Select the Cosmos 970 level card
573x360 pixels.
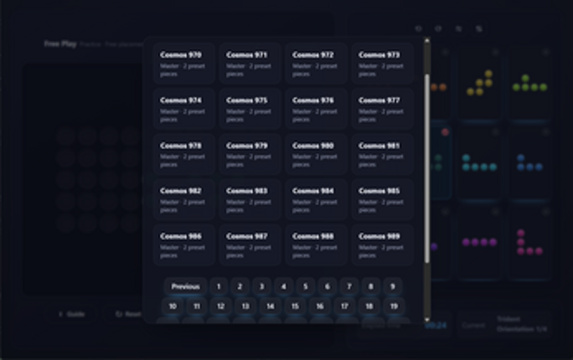pos(183,64)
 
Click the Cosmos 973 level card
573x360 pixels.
pos(382,64)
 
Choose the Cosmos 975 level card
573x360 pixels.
pos(250,109)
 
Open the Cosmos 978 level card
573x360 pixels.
pos(183,154)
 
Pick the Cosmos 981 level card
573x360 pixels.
pos(382,154)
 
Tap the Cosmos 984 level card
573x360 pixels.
pos(316,199)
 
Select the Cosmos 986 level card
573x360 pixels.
pos(183,244)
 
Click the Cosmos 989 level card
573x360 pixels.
pos(382,244)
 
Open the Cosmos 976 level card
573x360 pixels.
pos(316,109)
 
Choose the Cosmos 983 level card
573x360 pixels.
pos(250,199)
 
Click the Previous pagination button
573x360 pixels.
pos(185,286)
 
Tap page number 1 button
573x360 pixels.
pos(219,286)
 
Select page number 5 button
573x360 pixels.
pos(306,286)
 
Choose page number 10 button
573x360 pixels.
pos(173,306)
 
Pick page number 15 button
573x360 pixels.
pos(295,306)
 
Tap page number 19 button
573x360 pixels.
pos(393,306)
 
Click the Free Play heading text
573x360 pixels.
pos(60,44)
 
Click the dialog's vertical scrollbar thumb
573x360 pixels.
pos(427,167)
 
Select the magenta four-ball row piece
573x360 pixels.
pos(480,242)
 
